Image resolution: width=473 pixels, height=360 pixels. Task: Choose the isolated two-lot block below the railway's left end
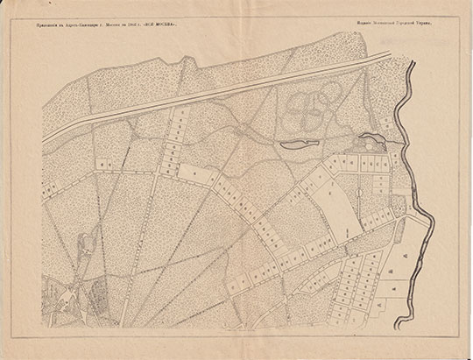coord(104,162)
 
